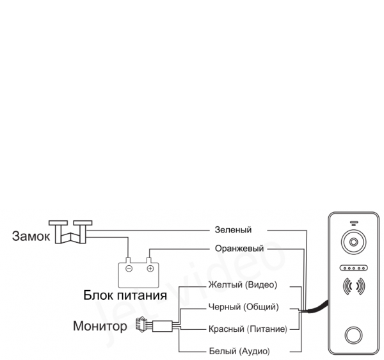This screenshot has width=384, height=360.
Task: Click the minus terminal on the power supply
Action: click(129, 268)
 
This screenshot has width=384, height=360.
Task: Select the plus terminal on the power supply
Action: click(150, 268)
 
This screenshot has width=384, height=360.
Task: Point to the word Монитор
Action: click(100, 327)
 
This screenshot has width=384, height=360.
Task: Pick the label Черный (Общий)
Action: click(244, 307)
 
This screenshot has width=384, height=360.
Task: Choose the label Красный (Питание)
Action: click(247, 329)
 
